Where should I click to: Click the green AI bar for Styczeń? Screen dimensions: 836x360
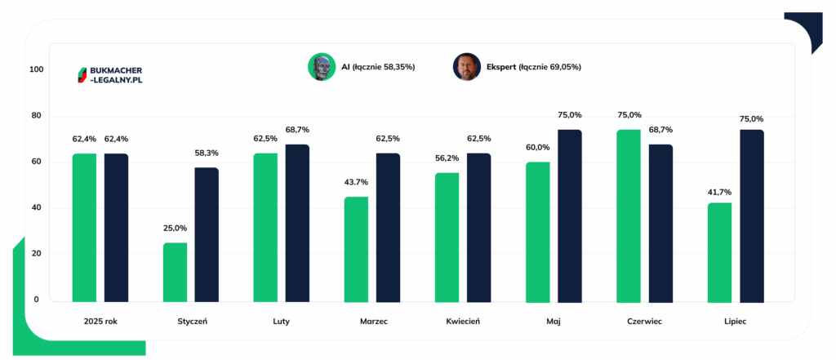[x=175, y=273]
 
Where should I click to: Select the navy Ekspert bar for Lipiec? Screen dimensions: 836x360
[x=752, y=216]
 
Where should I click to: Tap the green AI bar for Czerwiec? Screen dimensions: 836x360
[x=629, y=216]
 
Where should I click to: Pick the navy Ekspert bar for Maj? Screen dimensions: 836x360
[x=569, y=216]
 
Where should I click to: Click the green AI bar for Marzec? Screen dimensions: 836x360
[x=356, y=250]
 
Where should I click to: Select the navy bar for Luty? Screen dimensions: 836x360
[x=297, y=224]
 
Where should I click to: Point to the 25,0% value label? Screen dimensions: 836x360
[x=175, y=229]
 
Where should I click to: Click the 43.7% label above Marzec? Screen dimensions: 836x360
[x=356, y=182]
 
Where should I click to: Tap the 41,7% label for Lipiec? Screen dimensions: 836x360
[x=719, y=192]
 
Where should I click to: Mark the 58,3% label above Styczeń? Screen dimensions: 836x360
[x=207, y=153]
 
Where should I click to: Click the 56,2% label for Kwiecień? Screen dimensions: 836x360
[x=447, y=158]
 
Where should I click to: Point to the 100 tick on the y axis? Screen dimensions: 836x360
[x=37, y=70]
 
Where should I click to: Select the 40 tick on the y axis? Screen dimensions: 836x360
[x=37, y=207]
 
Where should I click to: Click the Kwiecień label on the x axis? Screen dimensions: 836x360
[x=463, y=322]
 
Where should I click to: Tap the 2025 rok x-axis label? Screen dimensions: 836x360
[x=100, y=322]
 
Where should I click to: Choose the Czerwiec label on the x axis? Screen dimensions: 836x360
[x=645, y=322]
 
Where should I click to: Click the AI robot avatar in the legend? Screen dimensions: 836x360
[x=321, y=67]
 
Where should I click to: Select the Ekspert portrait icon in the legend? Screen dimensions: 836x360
[x=467, y=67]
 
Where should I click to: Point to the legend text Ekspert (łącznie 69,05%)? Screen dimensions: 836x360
[x=534, y=67]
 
